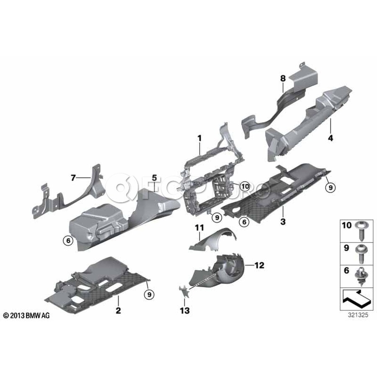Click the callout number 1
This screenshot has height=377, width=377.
click(x=199, y=138)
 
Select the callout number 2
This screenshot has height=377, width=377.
click(x=118, y=310)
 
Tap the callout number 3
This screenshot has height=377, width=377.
click(x=283, y=222)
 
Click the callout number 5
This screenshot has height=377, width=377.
click(x=154, y=178)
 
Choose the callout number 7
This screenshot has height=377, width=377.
click(x=73, y=178)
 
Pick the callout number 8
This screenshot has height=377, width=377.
click(x=283, y=78)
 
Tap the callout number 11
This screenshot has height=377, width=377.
click(x=199, y=227)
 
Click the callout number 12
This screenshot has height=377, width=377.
click(x=259, y=265)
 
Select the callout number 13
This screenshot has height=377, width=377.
click(x=185, y=310)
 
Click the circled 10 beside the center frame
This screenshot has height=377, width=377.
click(x=245, y=186)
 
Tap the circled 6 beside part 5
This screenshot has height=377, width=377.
click(x=68, y=240)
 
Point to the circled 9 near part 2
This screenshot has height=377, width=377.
click(x=149, y=294)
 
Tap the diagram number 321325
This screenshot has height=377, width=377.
click(x=358, y=315)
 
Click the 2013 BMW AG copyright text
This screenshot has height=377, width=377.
click(x=26, y=315)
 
